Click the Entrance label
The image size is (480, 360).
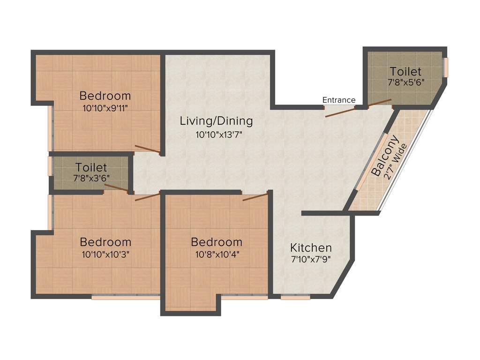click(339, 100)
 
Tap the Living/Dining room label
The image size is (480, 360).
click(216, 121)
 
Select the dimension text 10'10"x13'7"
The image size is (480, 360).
click(219, 135)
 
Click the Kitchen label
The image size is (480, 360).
click(311, 247)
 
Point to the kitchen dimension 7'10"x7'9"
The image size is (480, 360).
click(311, 260)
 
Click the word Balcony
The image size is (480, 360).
click(385, 156)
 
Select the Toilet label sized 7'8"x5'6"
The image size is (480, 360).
click(405, 72)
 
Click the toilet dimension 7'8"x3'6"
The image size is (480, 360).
click(91, 178)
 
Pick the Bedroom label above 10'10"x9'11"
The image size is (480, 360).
click(105, 96)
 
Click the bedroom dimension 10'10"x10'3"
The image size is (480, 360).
click(105, 255)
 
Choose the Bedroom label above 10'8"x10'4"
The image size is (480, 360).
click(217, 242)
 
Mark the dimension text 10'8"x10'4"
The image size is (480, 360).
click(217, 254)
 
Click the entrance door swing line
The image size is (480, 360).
click(340, 112)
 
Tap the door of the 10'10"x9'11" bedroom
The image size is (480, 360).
click(148, 150)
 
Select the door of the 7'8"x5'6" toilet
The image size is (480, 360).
click(380, 103)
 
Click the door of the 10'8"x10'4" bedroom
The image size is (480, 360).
click(255, 197)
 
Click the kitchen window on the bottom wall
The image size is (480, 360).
click(295, 297)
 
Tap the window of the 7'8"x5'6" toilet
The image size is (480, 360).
click(446, 67)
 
